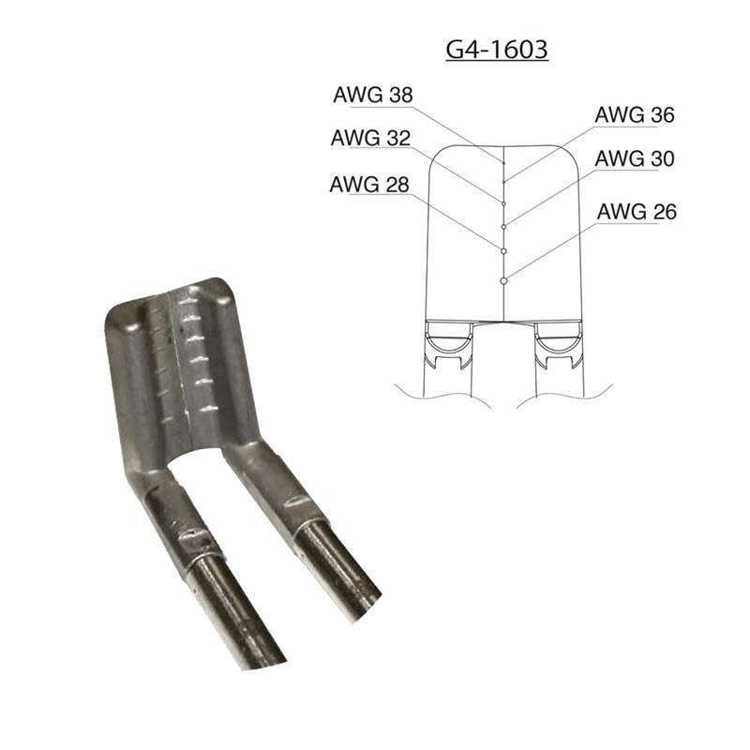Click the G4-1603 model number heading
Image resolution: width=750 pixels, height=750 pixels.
(496, 49)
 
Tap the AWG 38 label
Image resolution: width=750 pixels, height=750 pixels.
(372, 95)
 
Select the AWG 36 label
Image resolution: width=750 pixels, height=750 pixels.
(635, 115)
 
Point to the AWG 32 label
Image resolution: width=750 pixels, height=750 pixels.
(369, 138)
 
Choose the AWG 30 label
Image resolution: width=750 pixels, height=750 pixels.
(635, 157)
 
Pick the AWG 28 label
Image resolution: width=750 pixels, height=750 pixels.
(369, 184)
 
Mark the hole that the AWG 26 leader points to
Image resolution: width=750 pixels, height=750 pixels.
(504, 279)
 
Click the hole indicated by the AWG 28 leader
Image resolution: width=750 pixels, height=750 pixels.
(504, 251)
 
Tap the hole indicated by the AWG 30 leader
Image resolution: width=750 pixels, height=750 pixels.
(504, 226)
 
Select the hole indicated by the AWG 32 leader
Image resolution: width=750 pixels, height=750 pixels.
(504, 202)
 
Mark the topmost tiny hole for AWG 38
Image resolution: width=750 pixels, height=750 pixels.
(504, 163)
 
